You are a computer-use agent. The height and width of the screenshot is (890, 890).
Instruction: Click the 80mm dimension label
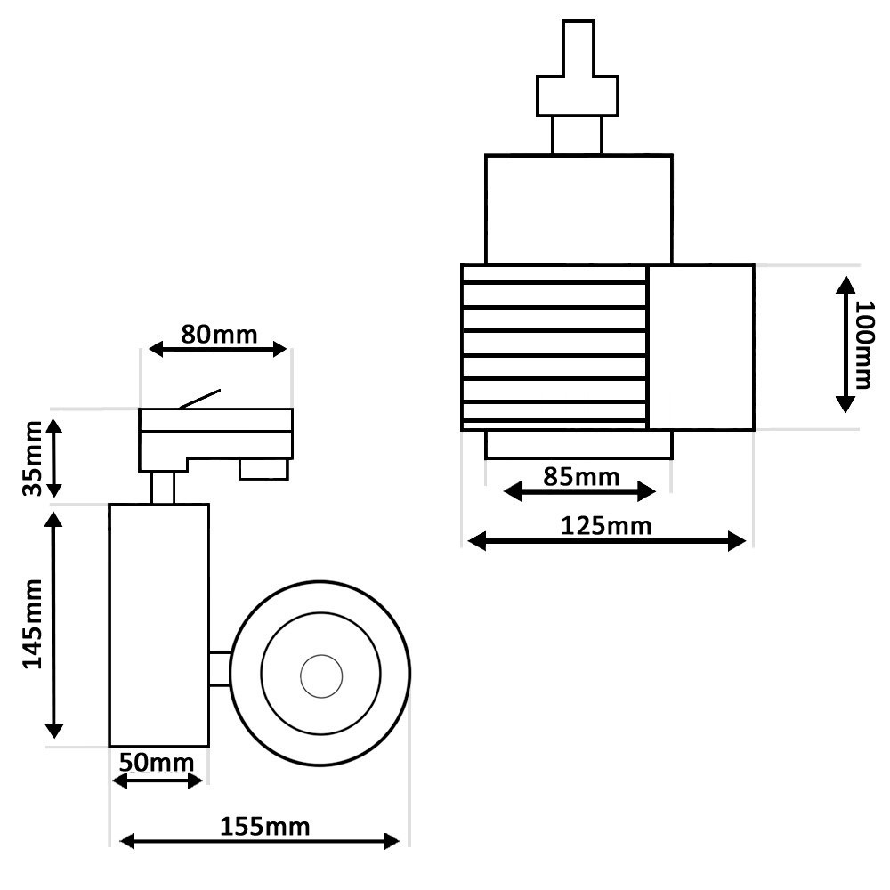click(219, 335)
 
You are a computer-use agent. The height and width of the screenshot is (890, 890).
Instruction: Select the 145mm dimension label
click(33, 624)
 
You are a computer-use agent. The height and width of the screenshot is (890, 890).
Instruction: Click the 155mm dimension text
click(264, 827)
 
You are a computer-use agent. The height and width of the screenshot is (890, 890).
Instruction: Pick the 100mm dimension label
click(863, 345)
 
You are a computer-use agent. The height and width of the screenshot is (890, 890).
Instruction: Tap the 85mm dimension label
click(580, 476)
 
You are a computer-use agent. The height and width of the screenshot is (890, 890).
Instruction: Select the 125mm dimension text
click(606, 526)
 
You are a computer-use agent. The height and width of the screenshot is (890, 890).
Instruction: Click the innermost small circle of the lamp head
click(320, 676)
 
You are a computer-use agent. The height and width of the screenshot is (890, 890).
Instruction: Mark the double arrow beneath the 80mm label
click(219, 350)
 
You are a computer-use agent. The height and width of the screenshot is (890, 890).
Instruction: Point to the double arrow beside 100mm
click(845, 344)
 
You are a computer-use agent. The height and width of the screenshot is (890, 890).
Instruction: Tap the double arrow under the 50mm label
click(158, 781)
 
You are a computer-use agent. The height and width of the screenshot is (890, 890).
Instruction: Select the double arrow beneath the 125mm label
click(606, 541)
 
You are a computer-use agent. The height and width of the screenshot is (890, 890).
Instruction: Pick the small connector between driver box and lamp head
click(220, 668)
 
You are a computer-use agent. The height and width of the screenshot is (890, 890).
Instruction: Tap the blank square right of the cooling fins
click(700, 347)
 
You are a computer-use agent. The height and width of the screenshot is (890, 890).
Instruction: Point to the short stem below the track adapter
click(162, 488)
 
